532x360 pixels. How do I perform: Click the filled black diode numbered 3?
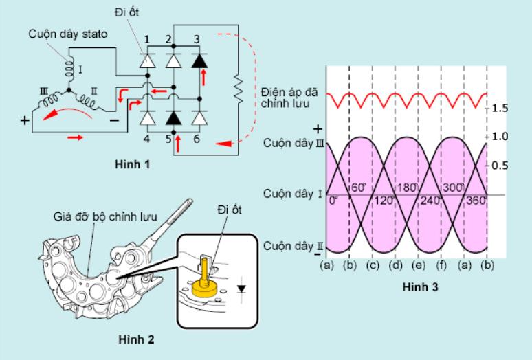[199, 61]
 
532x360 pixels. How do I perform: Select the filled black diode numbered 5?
[173, 118]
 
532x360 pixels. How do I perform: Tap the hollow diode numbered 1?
[147, 61]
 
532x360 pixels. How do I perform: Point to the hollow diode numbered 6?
[199, 118]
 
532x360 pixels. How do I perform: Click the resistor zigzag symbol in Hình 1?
[239, 89]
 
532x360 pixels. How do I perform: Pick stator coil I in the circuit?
[69, 69]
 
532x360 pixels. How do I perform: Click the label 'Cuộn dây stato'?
[68, 34]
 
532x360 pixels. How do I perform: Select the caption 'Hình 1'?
[133, 164]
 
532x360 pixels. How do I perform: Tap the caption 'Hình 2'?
[136, 339]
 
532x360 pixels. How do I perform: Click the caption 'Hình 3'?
[420, 287]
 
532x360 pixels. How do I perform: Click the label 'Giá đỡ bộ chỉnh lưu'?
[105, 216]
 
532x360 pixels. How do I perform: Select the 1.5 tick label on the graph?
[500, 109]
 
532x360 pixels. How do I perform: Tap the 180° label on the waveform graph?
[406, 188]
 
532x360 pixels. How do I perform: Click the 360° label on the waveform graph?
[476, 201]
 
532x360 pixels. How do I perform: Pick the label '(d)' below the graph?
[395, 265]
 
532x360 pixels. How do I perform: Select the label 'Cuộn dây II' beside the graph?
[293, 246]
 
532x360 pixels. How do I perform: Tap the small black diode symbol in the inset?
[241, 289]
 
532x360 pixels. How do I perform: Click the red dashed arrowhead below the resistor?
[223, 144]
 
